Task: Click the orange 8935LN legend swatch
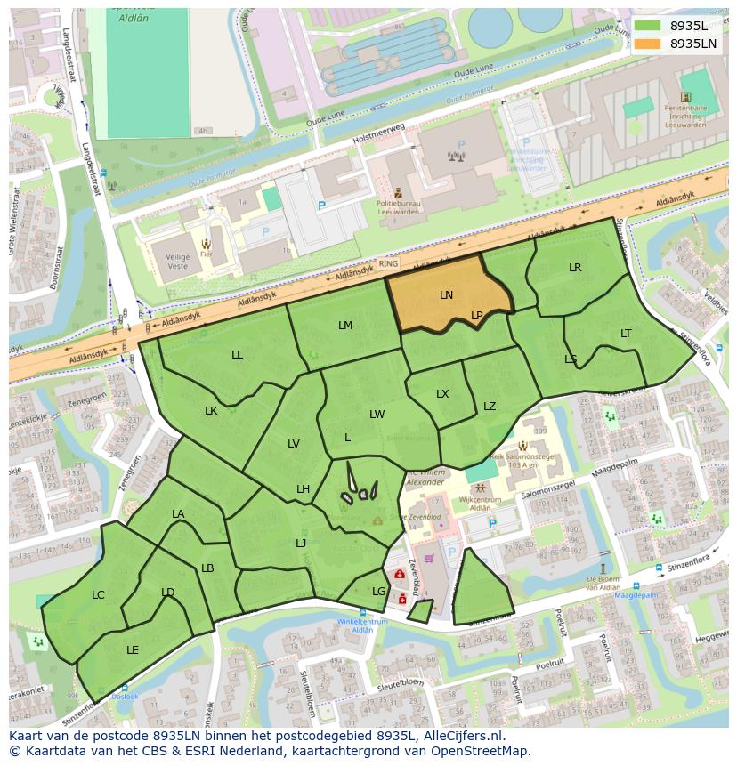point(648,44)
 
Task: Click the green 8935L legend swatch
point(648,26)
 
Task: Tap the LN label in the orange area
point(446,295)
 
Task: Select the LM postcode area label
point(345,326)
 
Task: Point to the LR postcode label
point(575,268)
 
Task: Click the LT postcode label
point(626,334)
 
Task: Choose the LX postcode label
point(442,394)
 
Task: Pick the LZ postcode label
point(490,407)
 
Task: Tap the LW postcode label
point(377,415)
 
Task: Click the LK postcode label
point(211,411)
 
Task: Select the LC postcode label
point(98,595)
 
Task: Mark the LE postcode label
point(133,650)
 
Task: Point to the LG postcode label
point(379,592)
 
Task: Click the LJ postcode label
point(301,544)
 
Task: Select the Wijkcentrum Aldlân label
point(481,504)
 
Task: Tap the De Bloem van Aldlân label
point(603,583)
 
